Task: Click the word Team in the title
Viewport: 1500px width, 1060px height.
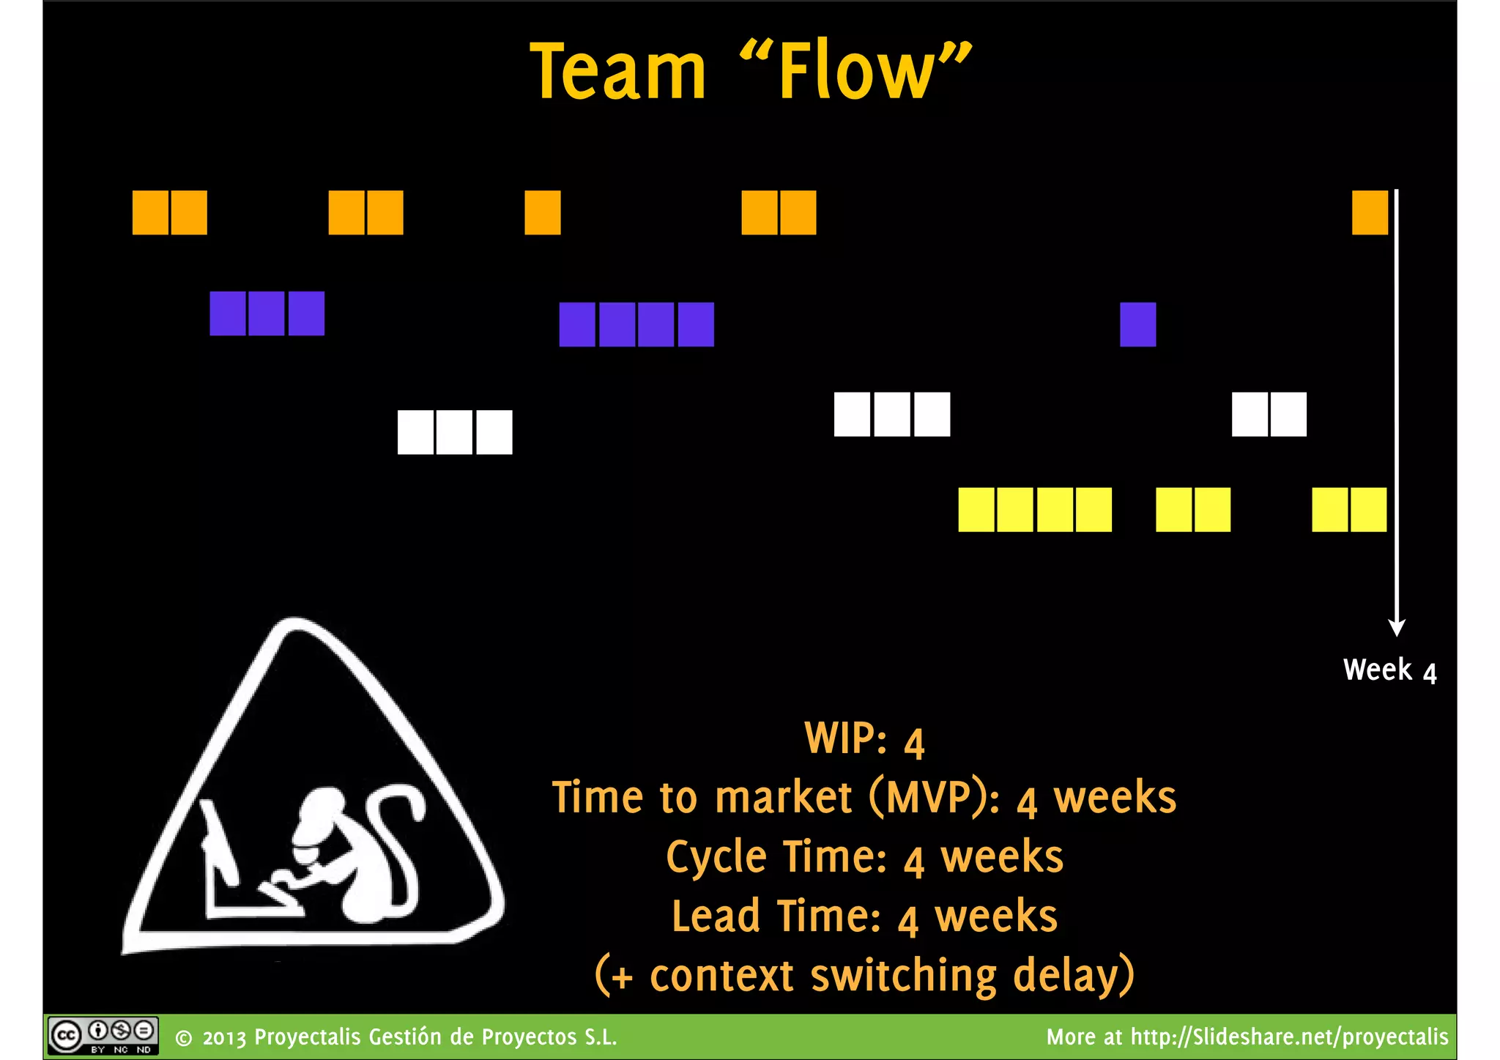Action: pos(617,71)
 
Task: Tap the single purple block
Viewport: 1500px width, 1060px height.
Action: pos(1137,325)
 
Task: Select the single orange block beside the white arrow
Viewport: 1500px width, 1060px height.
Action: pos(1370,212)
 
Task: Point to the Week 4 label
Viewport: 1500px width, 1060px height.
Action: pos(1389,670)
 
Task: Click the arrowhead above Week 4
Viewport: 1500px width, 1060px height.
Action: pos(1397,627)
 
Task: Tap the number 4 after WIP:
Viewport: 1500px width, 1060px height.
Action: pos(914,742)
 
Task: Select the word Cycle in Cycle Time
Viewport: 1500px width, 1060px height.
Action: pos(716,858)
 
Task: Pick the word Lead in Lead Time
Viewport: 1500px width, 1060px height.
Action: pos(716,917)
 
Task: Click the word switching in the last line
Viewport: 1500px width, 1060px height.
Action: pos(903,976)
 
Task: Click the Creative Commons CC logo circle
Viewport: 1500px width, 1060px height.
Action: pos(67,1036)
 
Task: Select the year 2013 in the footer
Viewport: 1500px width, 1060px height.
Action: pos(225,1038)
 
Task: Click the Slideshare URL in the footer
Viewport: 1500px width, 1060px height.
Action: pos(1289,1037)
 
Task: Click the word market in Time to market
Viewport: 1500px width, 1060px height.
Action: pos(783,798)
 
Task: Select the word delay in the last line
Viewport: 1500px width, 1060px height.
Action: pos(1072,976)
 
